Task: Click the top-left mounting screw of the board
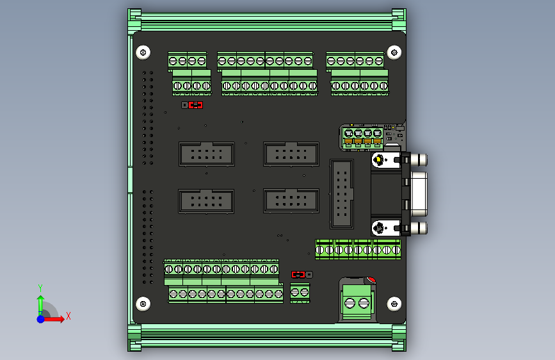(x=143, y=52)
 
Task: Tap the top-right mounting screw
(x=394, y=52)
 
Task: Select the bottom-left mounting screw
(x=143, y=302)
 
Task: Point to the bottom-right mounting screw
(x=394, y=302)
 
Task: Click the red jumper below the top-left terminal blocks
(x=196, y=105)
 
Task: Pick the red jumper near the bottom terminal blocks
(x=298, y=275)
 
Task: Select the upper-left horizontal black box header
(x=206, y=154)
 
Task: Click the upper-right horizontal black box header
(x=291, y=154)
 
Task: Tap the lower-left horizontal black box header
(x=206, y=201)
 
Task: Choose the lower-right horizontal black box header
(x=291, y=201)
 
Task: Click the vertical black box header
(x=342, y=193)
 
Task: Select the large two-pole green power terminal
(x=357, y=301)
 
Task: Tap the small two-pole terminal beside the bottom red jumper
(x=300, y=293)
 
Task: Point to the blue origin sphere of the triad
(x=40, y=318)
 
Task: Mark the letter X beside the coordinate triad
(x=68, y=316)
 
